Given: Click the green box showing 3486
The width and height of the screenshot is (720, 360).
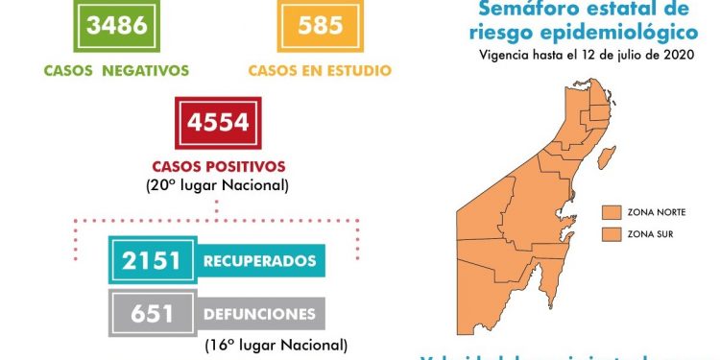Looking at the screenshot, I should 117,25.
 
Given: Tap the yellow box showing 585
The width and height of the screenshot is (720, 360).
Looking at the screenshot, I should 320,25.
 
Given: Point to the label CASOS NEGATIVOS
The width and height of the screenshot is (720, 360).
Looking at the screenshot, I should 116,70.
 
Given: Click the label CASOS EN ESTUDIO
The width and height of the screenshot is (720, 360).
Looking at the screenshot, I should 319,70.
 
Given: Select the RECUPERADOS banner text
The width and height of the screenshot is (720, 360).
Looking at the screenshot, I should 259,260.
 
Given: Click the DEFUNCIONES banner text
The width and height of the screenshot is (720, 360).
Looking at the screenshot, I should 259,314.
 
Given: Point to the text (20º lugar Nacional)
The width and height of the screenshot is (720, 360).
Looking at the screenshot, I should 218,184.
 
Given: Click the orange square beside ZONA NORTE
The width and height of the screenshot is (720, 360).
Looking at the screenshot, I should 609,211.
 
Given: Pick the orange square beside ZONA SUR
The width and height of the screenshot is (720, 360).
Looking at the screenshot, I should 609,233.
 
